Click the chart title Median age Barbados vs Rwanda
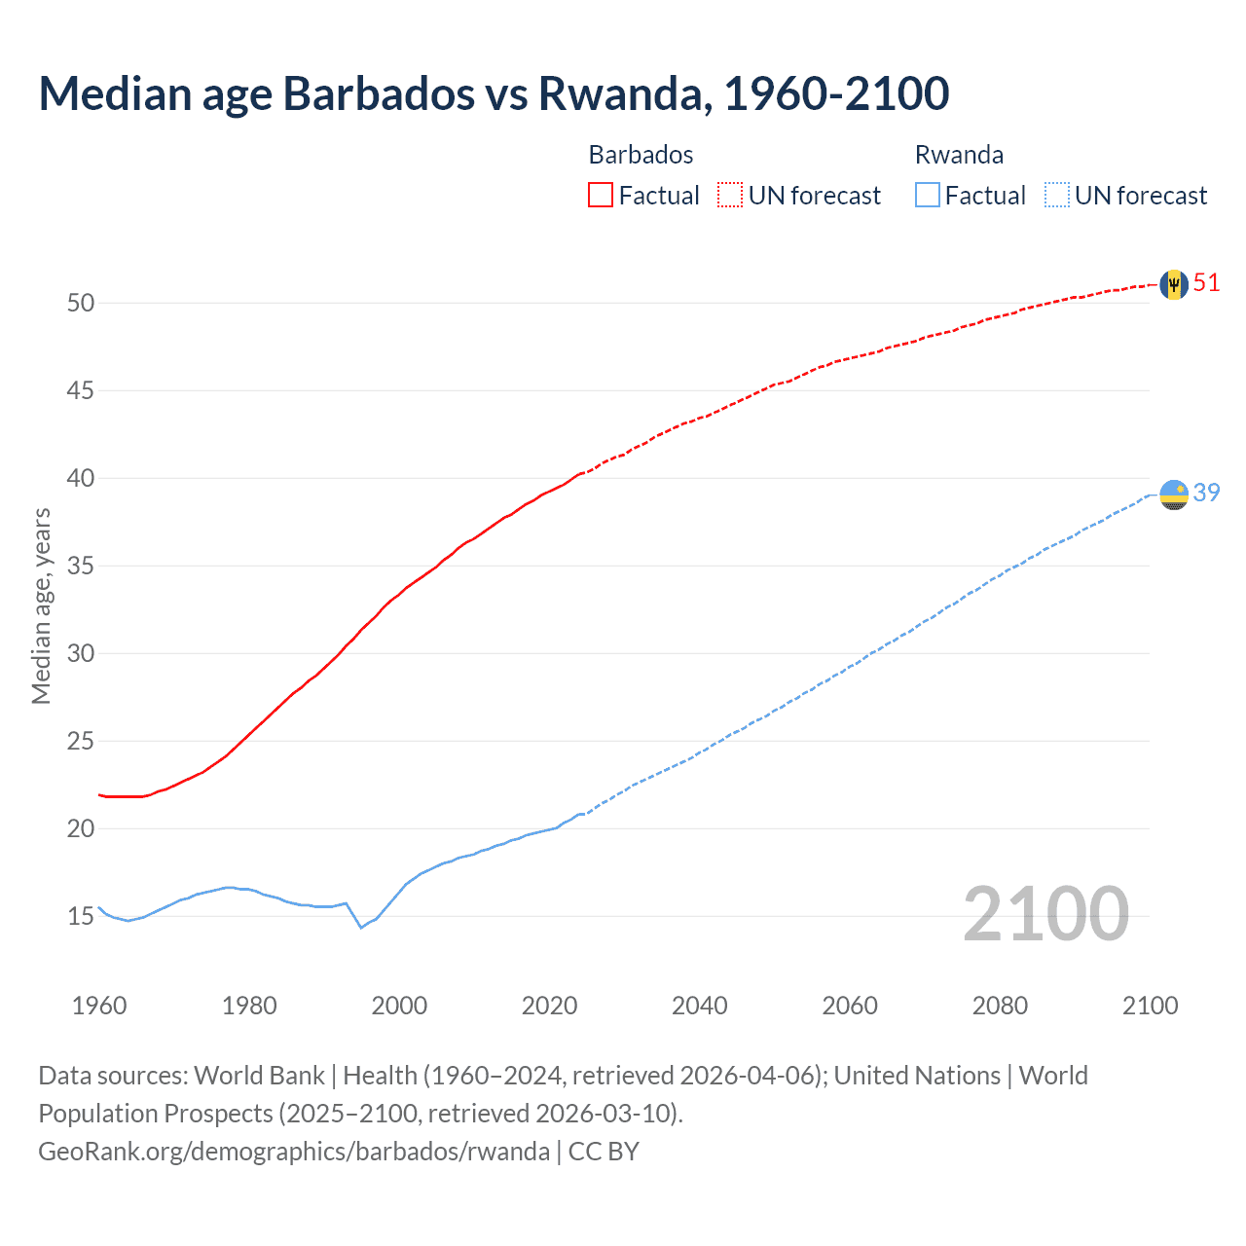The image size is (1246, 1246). tap(494, 93)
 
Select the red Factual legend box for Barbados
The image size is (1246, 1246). tap(601, 195)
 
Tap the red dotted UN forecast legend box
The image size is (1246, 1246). tap(730, 195)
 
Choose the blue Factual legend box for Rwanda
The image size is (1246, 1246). tap(928, 195)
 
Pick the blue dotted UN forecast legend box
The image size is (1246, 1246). tap(1056, 195)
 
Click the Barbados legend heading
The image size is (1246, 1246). tap(641, 155)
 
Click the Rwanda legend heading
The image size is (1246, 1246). tap(959, 155)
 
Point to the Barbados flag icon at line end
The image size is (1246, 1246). tap(1174, 284)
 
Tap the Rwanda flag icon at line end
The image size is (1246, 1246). tap(1174, 495)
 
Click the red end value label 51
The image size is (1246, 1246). tap(1206, 283)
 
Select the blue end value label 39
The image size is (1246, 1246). tap(1206, 494)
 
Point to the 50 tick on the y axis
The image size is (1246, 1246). tap(81, 303)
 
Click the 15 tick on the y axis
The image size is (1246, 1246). tap(81, 916)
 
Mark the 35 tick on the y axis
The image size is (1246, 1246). tap(81, 566)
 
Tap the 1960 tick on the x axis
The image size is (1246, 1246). tap(99, 1006)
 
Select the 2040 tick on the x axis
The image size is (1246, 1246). tap(699, 1006)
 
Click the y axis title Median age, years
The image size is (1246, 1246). tap(41, 605)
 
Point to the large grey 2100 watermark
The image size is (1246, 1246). tap(1045, 914)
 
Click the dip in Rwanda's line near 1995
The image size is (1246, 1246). tap(361, 927)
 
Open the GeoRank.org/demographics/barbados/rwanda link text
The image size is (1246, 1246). tap(294, 1152)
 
